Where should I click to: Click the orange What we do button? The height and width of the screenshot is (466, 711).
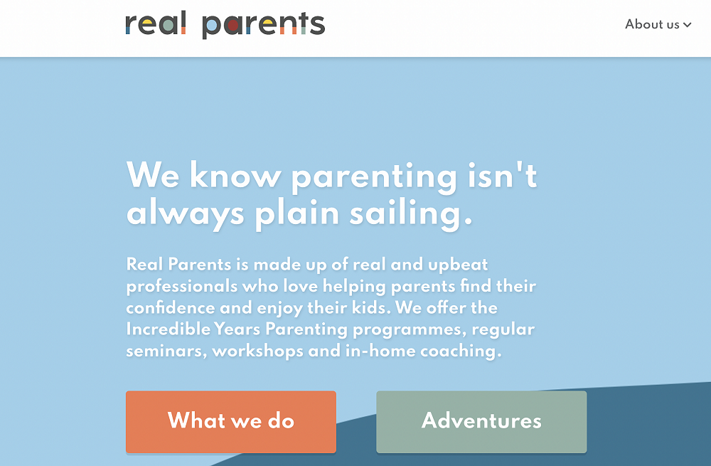[x=231, y=421]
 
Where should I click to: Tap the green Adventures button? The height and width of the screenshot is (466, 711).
[x=481, y=421]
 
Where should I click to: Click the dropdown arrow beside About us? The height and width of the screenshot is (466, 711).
[x=688, y=25]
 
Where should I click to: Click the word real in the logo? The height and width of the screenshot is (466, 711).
[x=156, y=23]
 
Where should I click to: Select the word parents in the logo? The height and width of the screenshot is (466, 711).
[x=264, y=26]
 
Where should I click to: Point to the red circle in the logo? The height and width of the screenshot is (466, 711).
[x=232, y=26]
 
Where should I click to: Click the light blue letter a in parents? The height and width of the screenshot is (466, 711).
[x=212, y=26]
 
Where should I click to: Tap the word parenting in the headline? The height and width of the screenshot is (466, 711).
[x=374, y=178]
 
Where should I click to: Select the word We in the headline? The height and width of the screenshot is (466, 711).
[x=153, y=175]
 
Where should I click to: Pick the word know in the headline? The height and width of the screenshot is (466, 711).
[x=235, y=175]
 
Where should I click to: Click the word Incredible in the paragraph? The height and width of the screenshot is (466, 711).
[x=169, y=329]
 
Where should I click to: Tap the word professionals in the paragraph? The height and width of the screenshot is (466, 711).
[x=182, y=287]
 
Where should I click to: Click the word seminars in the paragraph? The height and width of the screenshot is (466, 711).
[x=166, y=351]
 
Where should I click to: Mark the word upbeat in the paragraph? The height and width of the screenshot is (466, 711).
[x=458, y=265]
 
